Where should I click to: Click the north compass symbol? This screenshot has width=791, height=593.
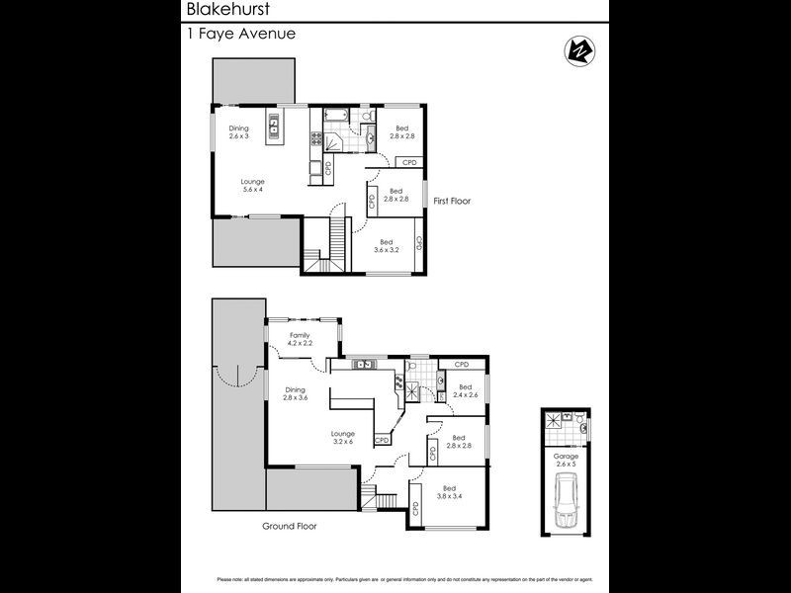pyautogui.click(x=576, y=50)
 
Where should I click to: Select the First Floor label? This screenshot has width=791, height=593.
pyautogui.click(x=452, y=201)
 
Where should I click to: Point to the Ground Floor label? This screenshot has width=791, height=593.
pyautogui.click(x=289, y=526)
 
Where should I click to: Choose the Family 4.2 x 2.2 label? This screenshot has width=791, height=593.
pyautogui.click(x=300, y=340)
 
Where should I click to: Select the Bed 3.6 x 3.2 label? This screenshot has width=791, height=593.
pyautogui.click(x=387, y=246)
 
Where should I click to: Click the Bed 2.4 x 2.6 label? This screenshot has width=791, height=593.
pyautogui.click(x=464, y=391)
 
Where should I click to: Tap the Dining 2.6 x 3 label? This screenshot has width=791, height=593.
pyautogui.click(x=239, y=132)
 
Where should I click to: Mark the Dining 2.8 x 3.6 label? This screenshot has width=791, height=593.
pyautogui.click(x=296, y=393)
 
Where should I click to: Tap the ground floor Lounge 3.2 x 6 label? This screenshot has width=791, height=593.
pyautogui.click(x=342, y=437)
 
